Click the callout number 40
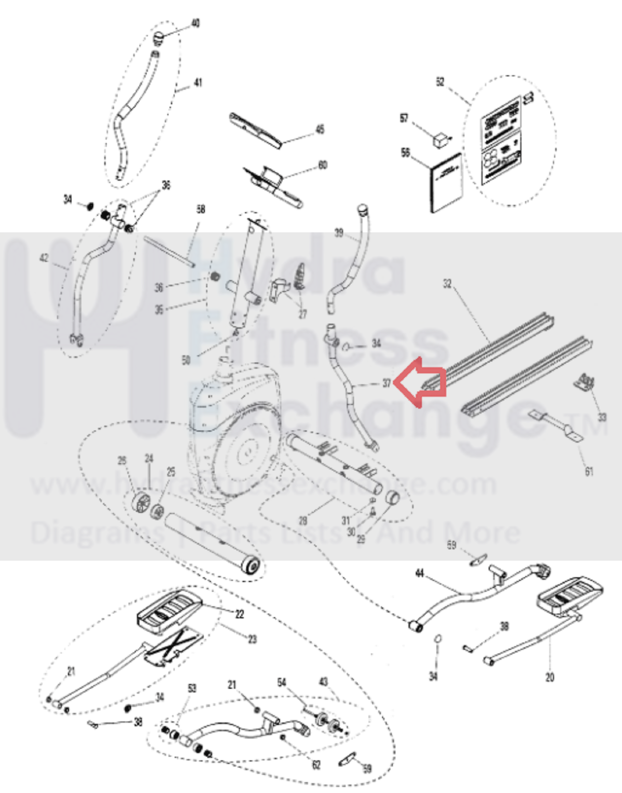(196, 23)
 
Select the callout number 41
(198, 83)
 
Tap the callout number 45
(320, 129)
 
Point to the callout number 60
(323, 165)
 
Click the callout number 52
(440, 82)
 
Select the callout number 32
(447, 283)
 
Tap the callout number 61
(589, 471)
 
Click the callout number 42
(44, 258)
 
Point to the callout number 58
(201, 209)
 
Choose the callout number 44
(420, 573)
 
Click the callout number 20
(550, 677)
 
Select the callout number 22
(240, 614)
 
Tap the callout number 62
(316, 764)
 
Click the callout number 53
(192, 688)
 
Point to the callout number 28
(303, 520)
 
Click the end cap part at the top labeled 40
(158, 37)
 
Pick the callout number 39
(339, 233)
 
